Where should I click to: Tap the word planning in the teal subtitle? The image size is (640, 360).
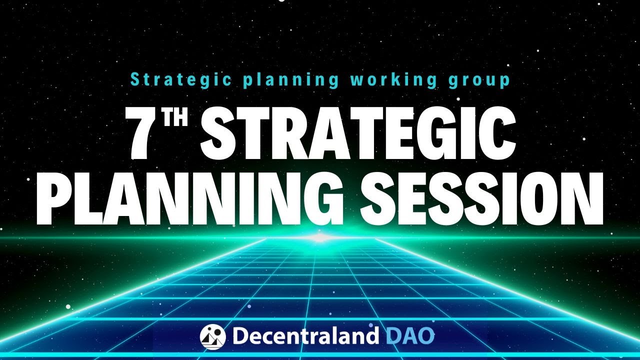click(x=290, y=80)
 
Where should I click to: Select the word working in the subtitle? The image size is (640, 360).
click(x=393, y=80)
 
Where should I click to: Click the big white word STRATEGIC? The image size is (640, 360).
click(x=358, y=133)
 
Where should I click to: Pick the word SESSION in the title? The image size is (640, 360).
click(x=481, y=198)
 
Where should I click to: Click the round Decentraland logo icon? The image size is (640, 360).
click(x=213, y=337)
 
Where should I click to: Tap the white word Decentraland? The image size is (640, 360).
click(x=304, y=335)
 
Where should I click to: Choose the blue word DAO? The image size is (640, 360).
click(x=410, y=335)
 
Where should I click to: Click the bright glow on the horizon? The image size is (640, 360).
click(x=320, y=237)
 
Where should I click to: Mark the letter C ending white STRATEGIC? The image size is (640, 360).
click(x=497, y=133)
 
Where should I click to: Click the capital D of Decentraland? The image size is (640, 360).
click(x=241, y=335)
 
